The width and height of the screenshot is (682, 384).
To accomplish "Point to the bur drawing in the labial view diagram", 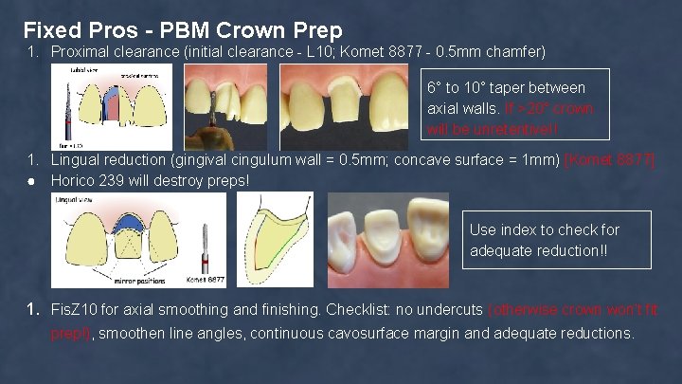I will [67, 109].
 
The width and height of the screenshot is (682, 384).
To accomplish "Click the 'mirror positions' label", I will [136, 282].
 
